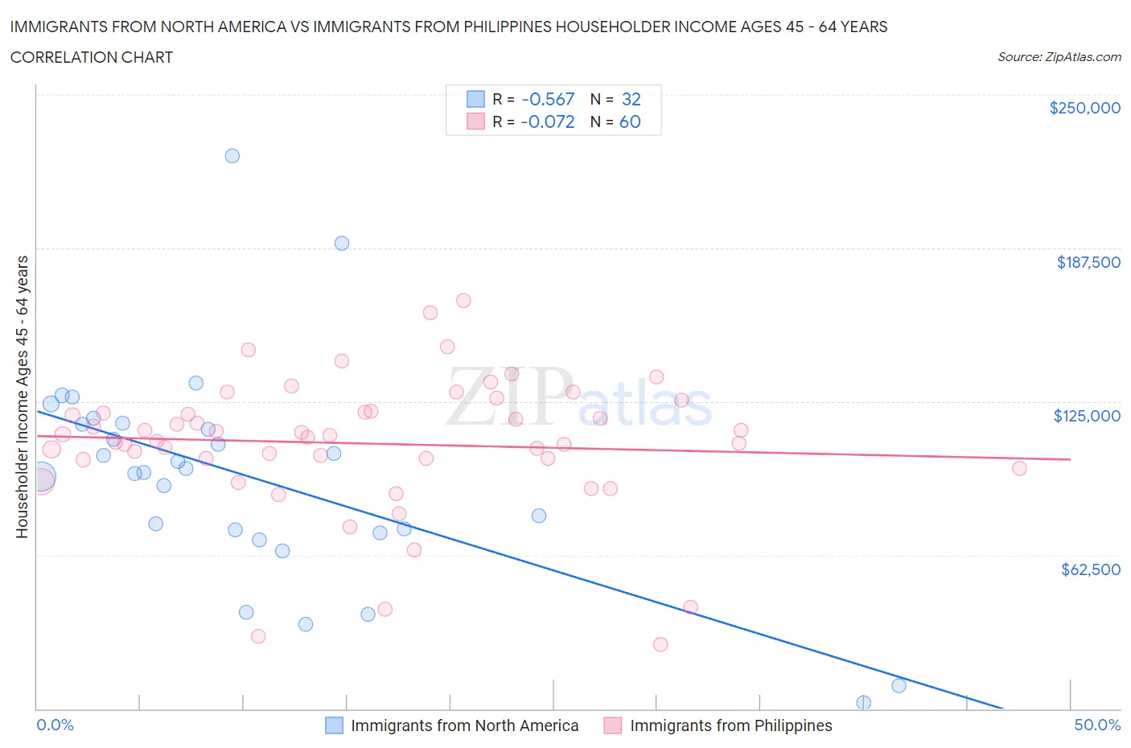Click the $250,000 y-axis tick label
1084,109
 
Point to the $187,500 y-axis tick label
1088,262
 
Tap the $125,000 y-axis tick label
1087,416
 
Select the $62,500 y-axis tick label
1090,569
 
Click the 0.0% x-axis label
55,725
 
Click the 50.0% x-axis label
1097,725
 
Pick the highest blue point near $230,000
232,156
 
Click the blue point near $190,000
342,243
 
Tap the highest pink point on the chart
463,301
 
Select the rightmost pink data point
1019,468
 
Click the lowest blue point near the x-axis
863,702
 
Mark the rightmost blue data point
899,686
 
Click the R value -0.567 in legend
548,99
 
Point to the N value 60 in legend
630,121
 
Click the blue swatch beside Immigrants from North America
334,725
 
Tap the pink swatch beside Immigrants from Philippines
613,725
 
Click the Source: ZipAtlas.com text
1059,57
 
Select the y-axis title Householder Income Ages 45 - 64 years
23,397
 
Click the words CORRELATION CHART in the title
92,57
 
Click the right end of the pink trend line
1070,459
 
